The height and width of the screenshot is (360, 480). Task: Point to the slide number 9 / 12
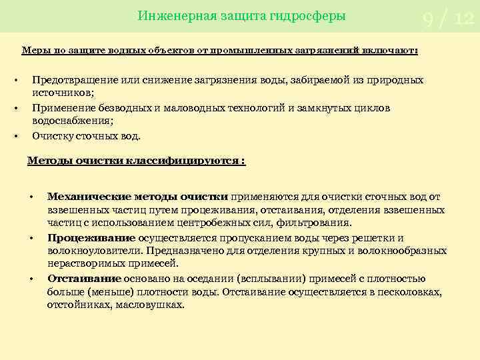tap(447, 20)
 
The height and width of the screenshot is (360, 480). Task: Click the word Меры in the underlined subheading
tap(33, 50)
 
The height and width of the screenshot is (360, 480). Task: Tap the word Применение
tap(60, 108)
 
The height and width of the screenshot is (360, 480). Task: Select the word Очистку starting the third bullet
tap(51, 136)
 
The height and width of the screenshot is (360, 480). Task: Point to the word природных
tap(395, 80)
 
